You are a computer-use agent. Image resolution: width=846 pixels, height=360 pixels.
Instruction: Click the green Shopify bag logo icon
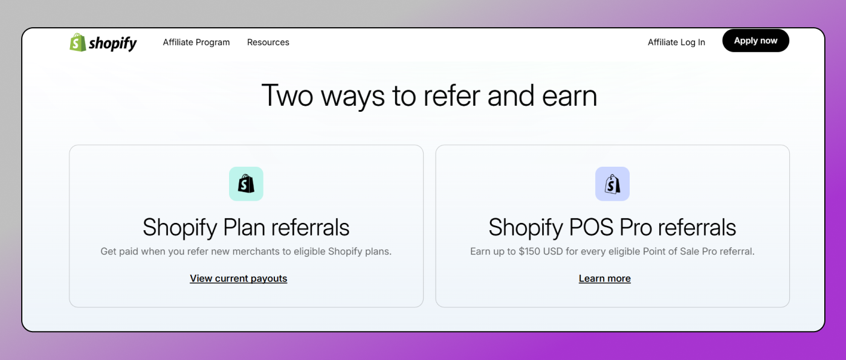pos(78,42)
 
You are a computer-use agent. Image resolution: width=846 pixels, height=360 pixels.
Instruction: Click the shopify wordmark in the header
pos(113,43)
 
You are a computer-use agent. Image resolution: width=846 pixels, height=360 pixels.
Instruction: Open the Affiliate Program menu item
pos(196,42)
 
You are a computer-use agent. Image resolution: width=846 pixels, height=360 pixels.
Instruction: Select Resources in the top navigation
pos(268,42)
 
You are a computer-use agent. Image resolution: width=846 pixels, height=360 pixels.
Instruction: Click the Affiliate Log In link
pos(676,42)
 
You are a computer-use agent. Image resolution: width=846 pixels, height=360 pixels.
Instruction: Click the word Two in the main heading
pos(286,96)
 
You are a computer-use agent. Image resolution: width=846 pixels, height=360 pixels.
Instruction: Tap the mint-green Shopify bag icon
pos(246,184)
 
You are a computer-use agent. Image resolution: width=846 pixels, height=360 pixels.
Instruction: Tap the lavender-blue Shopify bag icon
pos(612,184)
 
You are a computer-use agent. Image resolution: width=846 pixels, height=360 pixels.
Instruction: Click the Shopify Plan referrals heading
pos(246,228)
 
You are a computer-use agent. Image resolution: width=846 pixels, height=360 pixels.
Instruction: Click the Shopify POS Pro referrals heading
pos(612,228)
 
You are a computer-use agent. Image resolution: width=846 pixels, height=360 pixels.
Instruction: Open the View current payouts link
pos(239,278)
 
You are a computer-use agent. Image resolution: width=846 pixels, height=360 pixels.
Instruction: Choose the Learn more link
pos(605,278)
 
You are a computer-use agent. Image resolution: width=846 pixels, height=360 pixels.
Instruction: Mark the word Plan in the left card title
pos(244,228)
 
